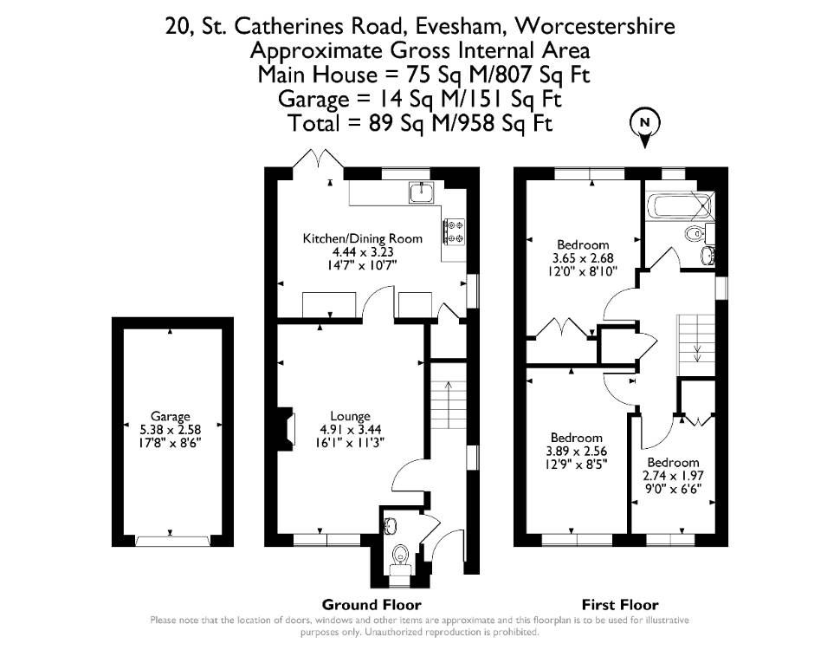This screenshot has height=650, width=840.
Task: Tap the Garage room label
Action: [x=171, y=416]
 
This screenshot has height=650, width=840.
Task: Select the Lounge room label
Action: [x=351, y=416]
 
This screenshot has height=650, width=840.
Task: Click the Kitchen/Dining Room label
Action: [x=363, y=238]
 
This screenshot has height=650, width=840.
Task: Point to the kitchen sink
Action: [x=423, y=192]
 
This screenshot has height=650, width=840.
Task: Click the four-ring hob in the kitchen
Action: [x=454, y=231]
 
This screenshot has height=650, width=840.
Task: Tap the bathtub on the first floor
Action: [x=679, y=206]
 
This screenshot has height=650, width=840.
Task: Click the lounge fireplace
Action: [x=288, y=427]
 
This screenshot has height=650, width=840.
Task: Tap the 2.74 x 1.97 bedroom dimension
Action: [x=673, y=476]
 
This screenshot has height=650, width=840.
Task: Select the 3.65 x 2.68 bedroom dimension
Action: [x=583, y=258]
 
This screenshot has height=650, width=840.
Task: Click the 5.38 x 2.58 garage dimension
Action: [x=171, y=430]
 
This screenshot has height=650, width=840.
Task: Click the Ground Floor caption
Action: [x=372, y=605]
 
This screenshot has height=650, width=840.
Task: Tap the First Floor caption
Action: [x=620, y=605]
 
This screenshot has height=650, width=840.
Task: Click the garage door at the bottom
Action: [x=171, y=541]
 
